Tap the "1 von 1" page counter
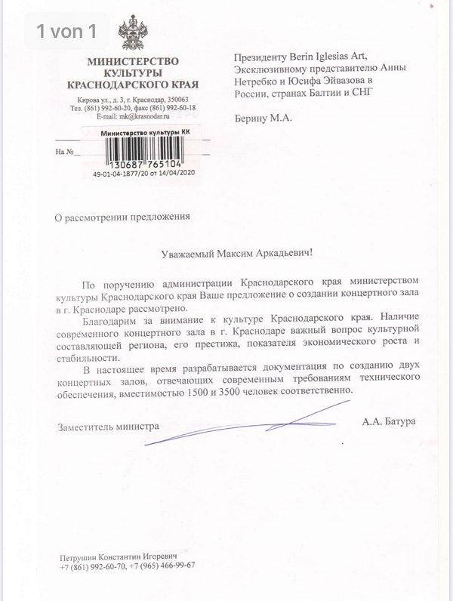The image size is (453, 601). pyautogui.click(x=66, y=31)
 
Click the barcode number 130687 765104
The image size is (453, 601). pyautogui.click(x=144, y=164)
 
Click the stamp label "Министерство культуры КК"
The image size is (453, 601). pyautogui.click(x=145, y=133)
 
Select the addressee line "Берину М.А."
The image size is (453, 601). pyautogui.click(x=263, y=119)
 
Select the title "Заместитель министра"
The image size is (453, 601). pyautogui.click(x=109, y=426)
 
